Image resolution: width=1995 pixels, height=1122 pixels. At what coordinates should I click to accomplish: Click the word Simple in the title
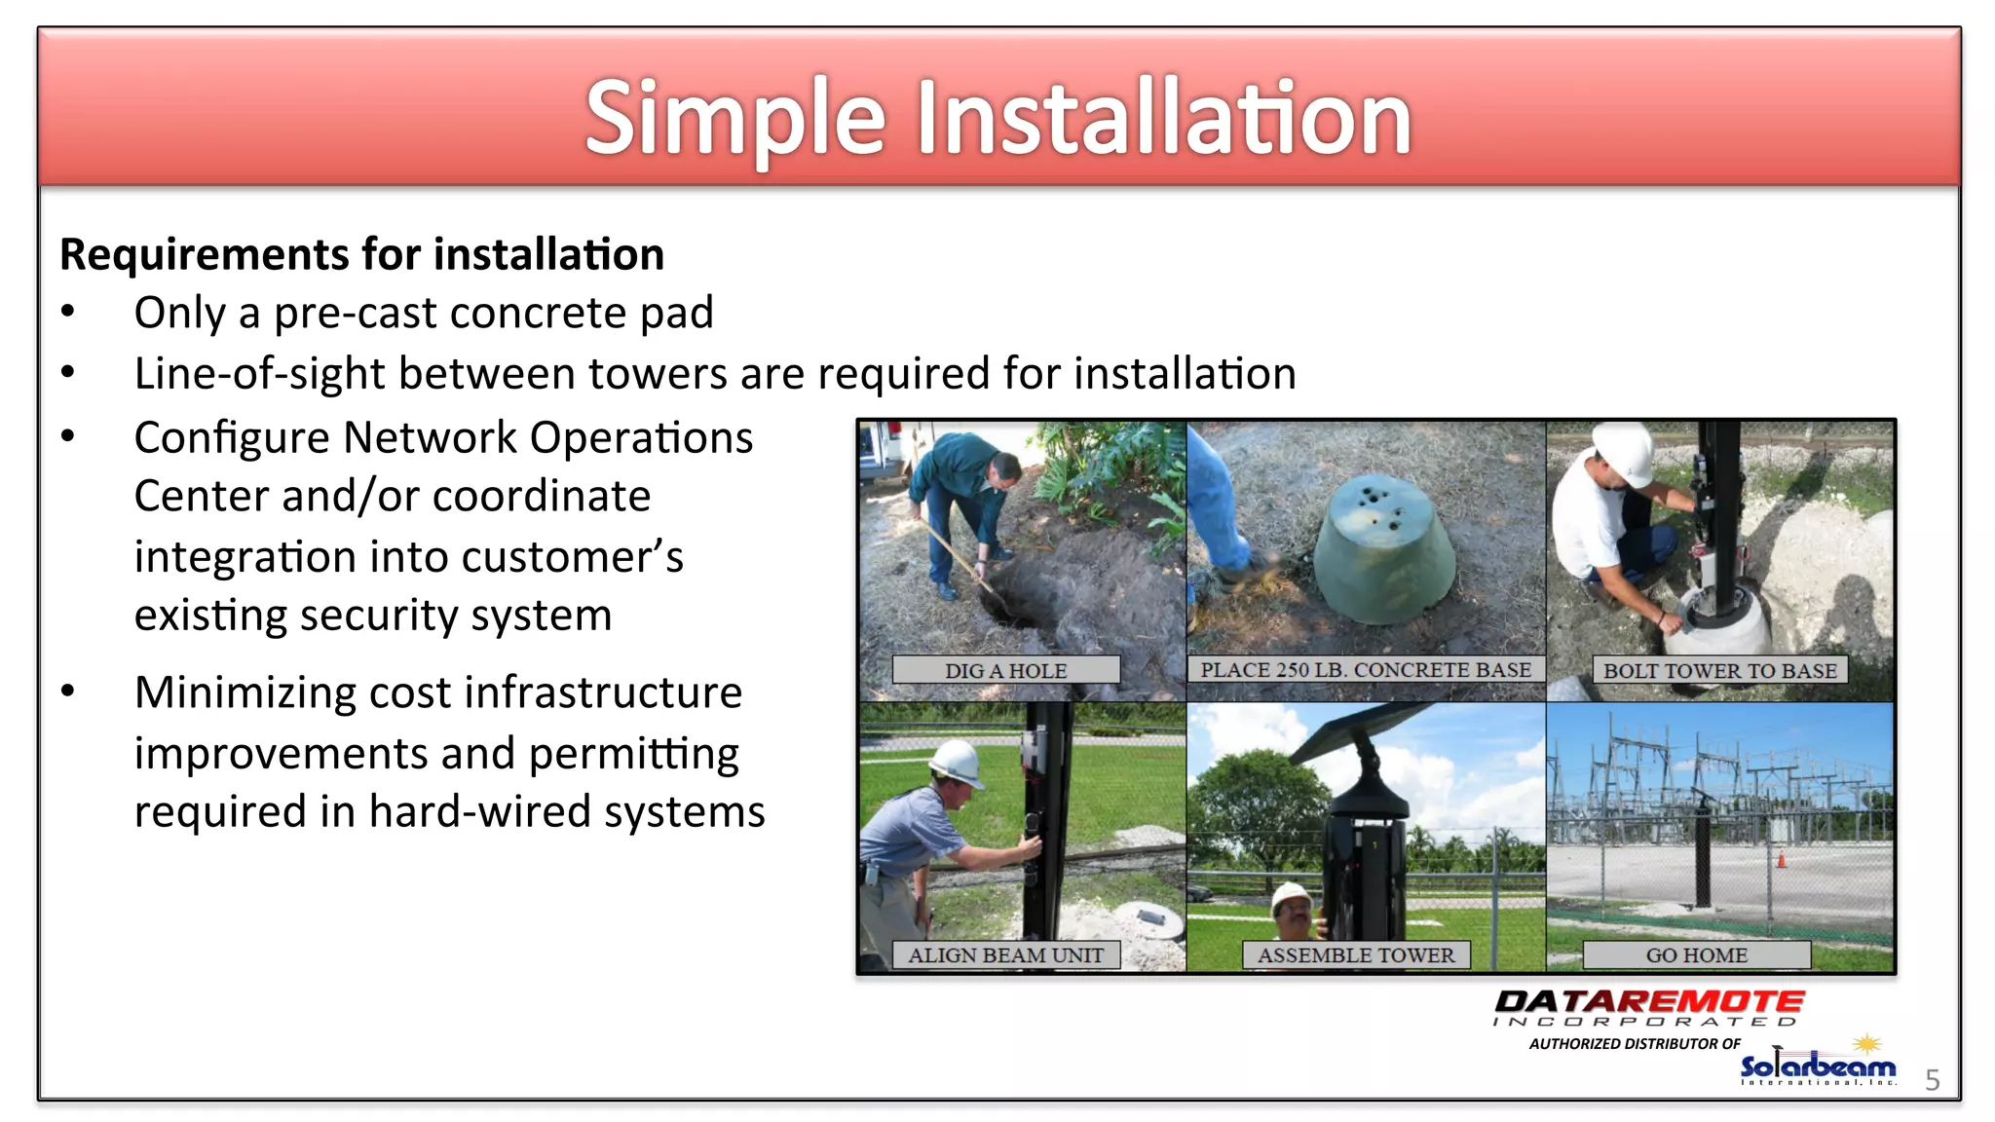[x=734, y=119]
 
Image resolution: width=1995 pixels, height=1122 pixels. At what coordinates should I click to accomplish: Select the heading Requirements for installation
[x=361, y=255]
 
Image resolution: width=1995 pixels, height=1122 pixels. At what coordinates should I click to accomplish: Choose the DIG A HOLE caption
[x=1005, y=670]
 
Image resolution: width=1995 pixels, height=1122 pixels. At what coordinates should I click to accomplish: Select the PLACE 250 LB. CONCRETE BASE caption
[x=1365, y=670]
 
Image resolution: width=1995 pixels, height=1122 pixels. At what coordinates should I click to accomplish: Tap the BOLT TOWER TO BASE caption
[x=1719, y=670]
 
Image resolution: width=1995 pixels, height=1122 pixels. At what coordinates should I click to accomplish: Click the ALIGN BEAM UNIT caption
[x=1005, y=955]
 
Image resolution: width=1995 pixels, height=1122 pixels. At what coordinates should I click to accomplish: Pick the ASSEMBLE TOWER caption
[x=1355, y=955]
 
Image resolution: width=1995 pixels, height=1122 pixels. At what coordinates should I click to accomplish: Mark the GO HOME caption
[x=1696, y=955]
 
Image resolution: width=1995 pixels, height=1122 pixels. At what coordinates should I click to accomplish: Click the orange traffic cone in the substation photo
[x=1782, y=859]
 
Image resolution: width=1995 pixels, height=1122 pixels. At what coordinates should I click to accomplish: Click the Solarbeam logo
[x=1818, y=1066]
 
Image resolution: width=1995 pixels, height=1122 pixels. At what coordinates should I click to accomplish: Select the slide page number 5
[x=1933, y=1080]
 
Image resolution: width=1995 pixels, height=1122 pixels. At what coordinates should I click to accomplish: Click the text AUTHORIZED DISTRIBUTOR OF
[x=1635, y=1044]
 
